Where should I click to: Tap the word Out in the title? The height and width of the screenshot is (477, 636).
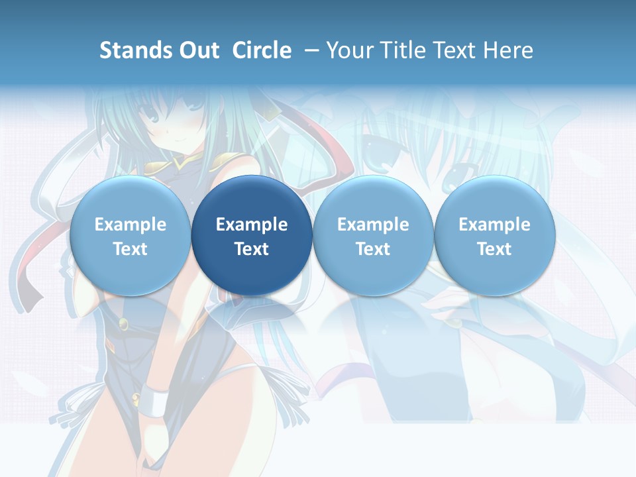199,50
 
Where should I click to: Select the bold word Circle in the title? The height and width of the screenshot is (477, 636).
262,50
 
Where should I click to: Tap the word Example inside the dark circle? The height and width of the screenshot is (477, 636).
252,225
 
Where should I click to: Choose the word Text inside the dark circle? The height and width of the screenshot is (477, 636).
252,249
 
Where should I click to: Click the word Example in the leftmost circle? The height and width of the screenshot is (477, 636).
130,225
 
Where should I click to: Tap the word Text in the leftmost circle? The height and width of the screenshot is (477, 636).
130,249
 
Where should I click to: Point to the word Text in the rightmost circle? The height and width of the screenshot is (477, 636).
494,249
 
